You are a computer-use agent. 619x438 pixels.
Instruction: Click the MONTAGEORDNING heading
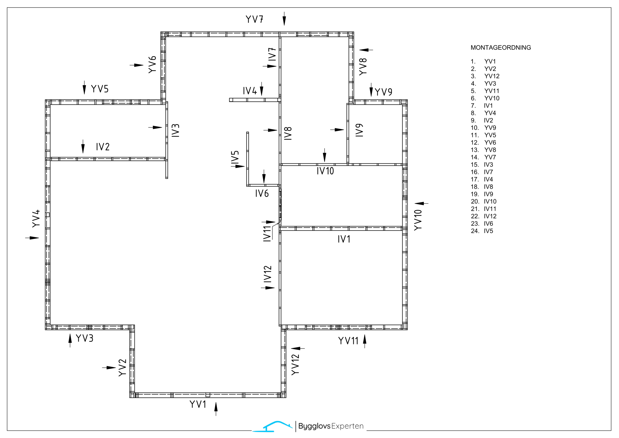click(501, 48)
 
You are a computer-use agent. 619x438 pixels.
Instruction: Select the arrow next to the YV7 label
click(284, 19)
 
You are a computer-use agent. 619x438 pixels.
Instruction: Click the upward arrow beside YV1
click(216, 409)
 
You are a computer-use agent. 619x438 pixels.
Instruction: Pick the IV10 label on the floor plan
click(325, 171)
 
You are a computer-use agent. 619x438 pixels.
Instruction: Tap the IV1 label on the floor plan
click(344, 239)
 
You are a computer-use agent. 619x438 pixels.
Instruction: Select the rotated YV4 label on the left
click(36, 219)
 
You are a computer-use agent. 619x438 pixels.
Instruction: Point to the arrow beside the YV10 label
click(421, 203)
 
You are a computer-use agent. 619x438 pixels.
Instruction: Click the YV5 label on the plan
click(100, 89)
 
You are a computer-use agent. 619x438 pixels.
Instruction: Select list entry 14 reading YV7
click(483, 157)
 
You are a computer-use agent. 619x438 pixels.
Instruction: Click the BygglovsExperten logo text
click(331, 426)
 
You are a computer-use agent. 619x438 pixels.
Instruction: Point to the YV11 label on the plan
click(348, 341)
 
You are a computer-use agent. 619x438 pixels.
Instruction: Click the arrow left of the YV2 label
click(109, 368)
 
